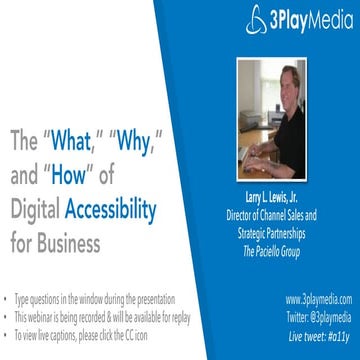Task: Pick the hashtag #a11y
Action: click(339, 328)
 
